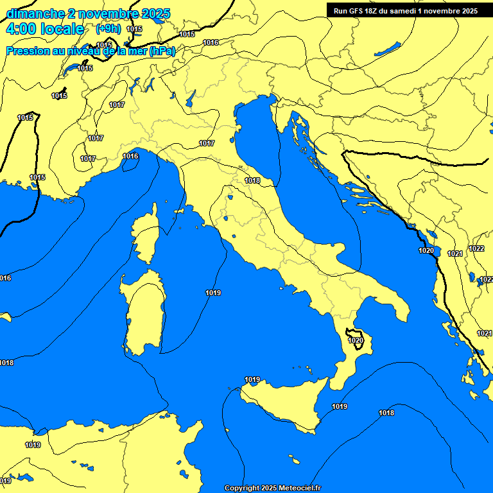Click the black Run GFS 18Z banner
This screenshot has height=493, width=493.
[x=405, y=11]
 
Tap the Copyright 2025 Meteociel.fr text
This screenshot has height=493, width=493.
[x=272, y=488]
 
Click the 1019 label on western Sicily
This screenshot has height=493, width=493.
[x=252, y=380]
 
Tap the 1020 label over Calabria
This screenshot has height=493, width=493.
[x=356, y=341]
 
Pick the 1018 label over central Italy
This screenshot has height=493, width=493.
[x=252, y=180]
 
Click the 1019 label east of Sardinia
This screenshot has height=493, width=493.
[x=213, y=293]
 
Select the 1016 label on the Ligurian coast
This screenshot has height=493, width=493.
[x=130, y=156]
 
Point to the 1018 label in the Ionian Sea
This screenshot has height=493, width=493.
[x=386, y=413]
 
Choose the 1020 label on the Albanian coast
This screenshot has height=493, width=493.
[x=426, y=250]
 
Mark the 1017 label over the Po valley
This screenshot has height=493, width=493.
[x=207, y=143]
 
